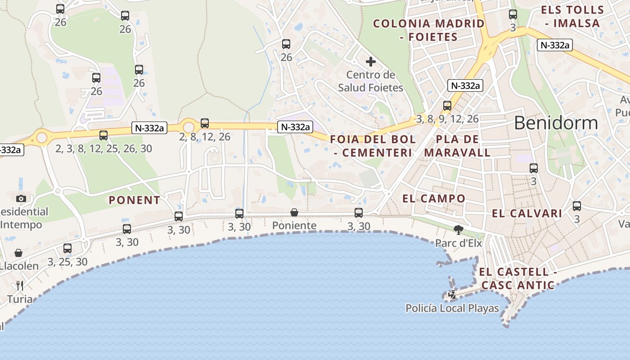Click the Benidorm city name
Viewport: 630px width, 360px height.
pyautogui.click(x=556, y=123)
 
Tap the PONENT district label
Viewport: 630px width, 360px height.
pyautogui.click(x=135, y=200)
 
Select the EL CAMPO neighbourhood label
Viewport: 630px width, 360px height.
pyautogui.click(x=433, y=198)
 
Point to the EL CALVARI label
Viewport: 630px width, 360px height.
pyautogui.click(x=527, y=213)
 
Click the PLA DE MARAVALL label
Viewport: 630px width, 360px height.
pyautogui.click(x=457, y=145)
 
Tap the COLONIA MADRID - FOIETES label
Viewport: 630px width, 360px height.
pyautogui.click(x=429, y=30)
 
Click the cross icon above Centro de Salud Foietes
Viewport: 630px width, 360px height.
pyautogui.click(x=370, y=62)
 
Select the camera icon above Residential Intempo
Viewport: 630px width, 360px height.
pyautogui.click(x=21, y=198)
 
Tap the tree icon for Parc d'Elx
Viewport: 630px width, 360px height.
pyautogui.click(x=458, y=230)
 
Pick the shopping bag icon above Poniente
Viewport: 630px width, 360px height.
pyautogui.click(x=294, y=212)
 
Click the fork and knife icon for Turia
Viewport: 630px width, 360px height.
pyautogui.click(x=19, y=286)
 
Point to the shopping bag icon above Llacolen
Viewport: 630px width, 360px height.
pyautogui.click(x=18, y=253)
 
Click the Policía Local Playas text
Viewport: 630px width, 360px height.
pyautogui.click(x=452, y=308)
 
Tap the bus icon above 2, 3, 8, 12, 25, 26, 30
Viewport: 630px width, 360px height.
pyautogui.click(x=103, y=135)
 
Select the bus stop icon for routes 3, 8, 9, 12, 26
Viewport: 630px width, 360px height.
pyautogui.click(x=447, y=106)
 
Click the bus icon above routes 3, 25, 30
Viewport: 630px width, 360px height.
pyautogui.click(x=67, y=248)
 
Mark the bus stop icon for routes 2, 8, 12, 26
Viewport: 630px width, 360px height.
pyautogui.click(x=205, y=123)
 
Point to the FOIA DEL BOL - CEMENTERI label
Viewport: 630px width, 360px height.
pyautogui.click(x=373, y=146)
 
